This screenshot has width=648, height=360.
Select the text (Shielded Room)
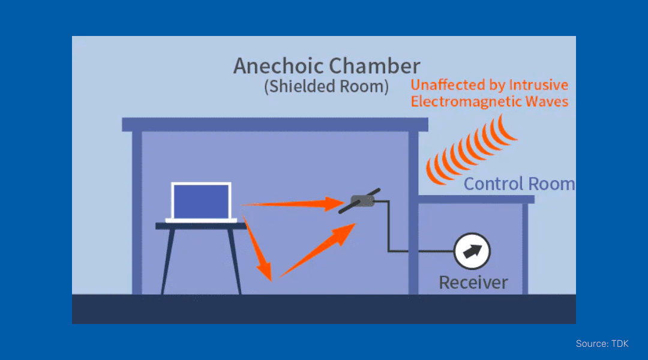[326, 86]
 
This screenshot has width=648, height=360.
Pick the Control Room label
[518, 184]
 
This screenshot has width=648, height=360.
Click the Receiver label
[473, 282]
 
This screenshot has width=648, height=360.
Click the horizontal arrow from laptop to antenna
[288, 204]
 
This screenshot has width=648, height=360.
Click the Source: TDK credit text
[602, 344]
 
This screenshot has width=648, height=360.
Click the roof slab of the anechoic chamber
[275, 124]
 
